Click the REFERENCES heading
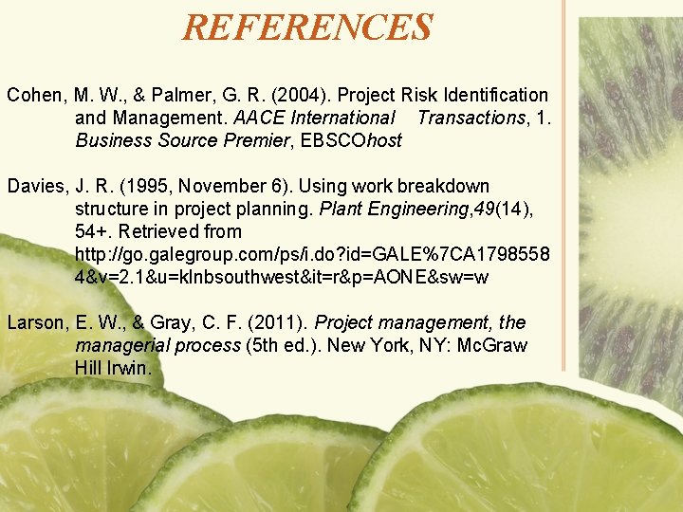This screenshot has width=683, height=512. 307,27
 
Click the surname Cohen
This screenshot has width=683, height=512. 33,95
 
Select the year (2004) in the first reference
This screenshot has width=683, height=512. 283,95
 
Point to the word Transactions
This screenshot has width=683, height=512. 471,118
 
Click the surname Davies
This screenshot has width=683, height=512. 35,186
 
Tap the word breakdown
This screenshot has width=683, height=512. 444,186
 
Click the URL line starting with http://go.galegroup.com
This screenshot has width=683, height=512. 311,254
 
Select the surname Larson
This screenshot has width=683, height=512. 35,322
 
